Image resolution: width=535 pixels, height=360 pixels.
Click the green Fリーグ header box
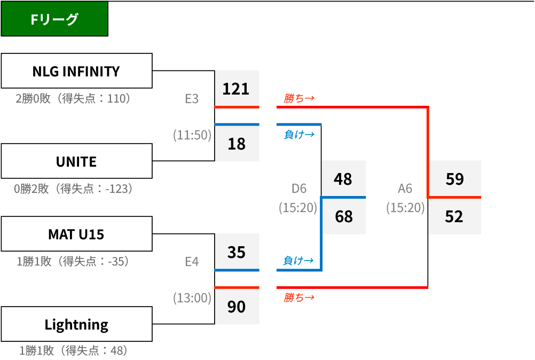click(54, 19)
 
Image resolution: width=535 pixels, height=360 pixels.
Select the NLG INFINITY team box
click(77, 71)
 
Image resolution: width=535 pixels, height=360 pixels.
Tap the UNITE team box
click(77, 161)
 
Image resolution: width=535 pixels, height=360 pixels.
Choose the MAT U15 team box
click(77, 234)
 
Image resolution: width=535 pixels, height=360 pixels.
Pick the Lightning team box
click(77, 324)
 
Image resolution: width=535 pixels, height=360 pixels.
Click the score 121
click(236, 89)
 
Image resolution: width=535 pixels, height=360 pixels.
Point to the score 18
click(237, 144)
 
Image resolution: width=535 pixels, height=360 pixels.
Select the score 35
click(237, 252)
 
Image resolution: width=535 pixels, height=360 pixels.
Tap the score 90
click(237, 307)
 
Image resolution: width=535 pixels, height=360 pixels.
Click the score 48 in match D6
click(343, 179)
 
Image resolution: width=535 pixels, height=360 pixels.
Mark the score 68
click(344, 216)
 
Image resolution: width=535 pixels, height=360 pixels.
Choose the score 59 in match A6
click(455, 179)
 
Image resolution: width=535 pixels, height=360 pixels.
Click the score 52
click(454, 216)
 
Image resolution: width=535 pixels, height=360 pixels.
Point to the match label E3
click(192, 99)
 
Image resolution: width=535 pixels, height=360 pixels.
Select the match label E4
click(192, 262)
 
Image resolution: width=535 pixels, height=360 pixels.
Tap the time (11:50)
click(192, 135)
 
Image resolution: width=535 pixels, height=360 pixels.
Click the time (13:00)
click(192, 298)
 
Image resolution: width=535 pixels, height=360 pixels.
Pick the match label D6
click(299, 189)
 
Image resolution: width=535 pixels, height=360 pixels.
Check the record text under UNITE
click(73, 189)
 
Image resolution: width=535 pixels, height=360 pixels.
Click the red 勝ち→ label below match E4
click(299, 298)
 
